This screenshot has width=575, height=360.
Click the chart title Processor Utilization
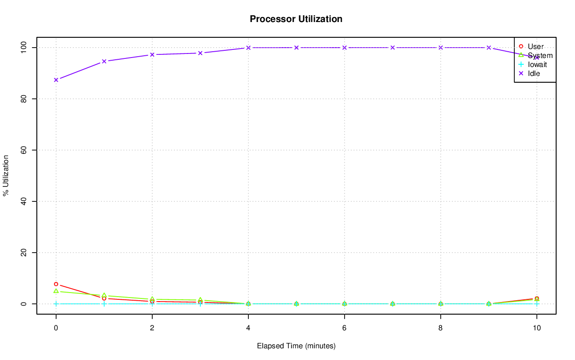[x=296, y=19]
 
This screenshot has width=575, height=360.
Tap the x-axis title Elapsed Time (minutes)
[x=296, y=346]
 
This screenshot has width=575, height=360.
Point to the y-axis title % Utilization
[x=6, y=175]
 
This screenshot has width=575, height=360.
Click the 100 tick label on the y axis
[x=24, y=47]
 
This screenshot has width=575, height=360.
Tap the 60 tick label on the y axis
[x=24, y=150]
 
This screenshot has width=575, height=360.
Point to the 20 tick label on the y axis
[x=24, y=253]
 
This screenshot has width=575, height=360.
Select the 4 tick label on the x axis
[x=248, y=328]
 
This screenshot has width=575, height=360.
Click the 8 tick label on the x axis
[x=441, y=328]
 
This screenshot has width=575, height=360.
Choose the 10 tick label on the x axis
[x=536, y=328]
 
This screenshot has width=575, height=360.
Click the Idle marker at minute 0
[x=56, y=80]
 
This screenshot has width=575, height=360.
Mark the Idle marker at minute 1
[x=104, y=61]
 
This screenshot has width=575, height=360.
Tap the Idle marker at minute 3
[x=200, y=53]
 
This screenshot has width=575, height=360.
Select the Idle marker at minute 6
[x=345, y=48]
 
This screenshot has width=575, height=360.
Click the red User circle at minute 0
[x=56, y=284]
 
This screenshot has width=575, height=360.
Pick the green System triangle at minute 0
[x=56, y=291]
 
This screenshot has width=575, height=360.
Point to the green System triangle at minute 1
[x=104, y=295]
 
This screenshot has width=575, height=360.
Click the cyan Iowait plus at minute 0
[x=56, y=304]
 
